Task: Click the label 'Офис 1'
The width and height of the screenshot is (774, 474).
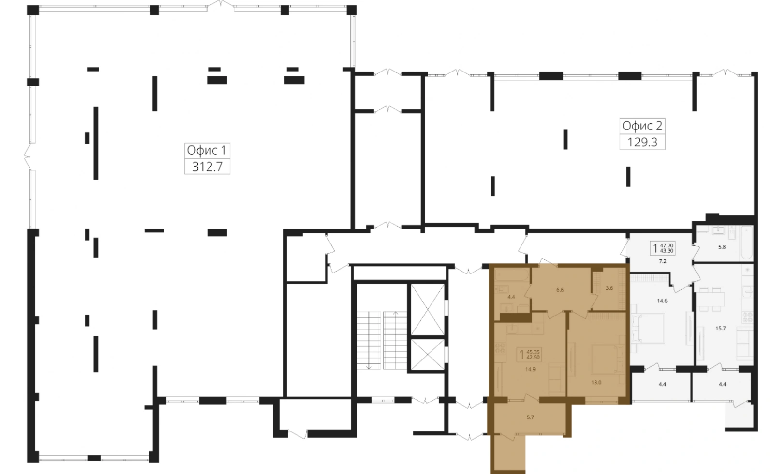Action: (x=207, y=151)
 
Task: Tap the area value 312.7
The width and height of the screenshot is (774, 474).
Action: (x=207, y=167)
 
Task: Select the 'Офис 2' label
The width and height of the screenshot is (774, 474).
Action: (x=642, y=127)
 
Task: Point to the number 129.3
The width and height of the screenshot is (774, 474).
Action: (x=642, y=142)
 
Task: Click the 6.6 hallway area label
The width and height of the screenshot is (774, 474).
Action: (x=560, y=290)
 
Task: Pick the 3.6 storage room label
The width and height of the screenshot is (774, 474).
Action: (x=609, y=288)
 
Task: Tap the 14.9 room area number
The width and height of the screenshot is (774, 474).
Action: (x=530, y=369)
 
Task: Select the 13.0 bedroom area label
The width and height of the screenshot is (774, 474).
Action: (x=596, y=382)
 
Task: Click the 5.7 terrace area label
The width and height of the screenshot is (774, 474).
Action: (x=530, y=417)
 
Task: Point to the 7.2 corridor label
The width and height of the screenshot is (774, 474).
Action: (x=662, y=261)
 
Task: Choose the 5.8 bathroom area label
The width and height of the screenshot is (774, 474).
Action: (x=722, y=247)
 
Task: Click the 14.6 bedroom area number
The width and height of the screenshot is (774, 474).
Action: (x=662, y=301)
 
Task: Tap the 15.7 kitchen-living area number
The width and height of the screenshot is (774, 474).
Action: (x=720, y=328)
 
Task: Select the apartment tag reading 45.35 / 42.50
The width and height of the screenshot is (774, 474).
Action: (x=529, y=355)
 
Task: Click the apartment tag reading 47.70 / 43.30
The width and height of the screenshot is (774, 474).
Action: (x=662, y=248)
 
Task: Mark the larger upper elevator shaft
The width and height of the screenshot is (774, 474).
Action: (x=428, y=309)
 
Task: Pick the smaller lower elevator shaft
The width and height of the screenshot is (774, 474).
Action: (x=428, y=355)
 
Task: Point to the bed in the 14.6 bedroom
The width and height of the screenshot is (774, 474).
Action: (x=647, y=328)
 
